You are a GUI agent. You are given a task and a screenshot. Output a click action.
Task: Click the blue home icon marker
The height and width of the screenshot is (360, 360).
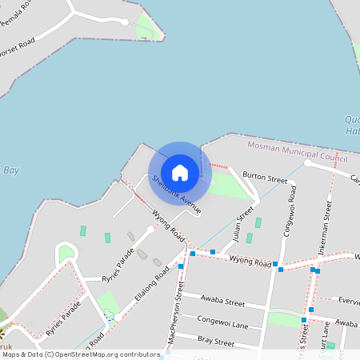pos(180,171)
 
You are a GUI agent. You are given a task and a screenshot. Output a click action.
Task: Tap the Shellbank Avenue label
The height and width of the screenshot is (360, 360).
pos(175,194)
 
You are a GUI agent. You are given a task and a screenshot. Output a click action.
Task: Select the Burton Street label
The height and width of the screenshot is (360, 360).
pos(264,176)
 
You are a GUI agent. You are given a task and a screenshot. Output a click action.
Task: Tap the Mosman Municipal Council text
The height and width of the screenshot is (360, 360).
pos(291,150)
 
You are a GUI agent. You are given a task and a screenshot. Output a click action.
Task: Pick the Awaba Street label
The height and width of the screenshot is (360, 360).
pos(224,302)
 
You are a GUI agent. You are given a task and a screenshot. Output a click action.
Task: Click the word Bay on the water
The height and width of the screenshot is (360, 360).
pos(10,170)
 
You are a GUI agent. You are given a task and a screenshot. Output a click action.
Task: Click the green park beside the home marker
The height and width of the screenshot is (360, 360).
pos(227,184)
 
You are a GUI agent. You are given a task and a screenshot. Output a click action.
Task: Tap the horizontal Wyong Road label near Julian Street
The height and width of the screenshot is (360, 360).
pos(250,260)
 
